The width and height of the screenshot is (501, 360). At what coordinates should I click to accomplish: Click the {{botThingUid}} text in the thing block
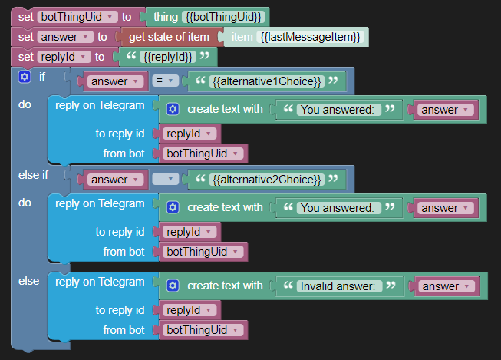(x=223, y=16)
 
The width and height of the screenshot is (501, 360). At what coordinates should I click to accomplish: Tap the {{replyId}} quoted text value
(x=167, y=57)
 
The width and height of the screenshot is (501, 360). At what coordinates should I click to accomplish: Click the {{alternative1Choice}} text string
(x=266, y=81)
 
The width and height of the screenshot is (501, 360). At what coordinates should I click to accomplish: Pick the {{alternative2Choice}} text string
(x=266, y=179)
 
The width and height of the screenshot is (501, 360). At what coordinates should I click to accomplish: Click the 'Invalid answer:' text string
(x=338, y=286)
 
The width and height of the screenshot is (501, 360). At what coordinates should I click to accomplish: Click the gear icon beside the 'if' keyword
(x=24, y=77)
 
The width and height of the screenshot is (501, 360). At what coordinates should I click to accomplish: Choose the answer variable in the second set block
(x=64, y=36)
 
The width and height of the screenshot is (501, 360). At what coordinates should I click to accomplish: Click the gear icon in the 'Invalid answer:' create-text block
(x=173, y=286)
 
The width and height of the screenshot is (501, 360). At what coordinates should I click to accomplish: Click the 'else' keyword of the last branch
(x=28, y=281)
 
